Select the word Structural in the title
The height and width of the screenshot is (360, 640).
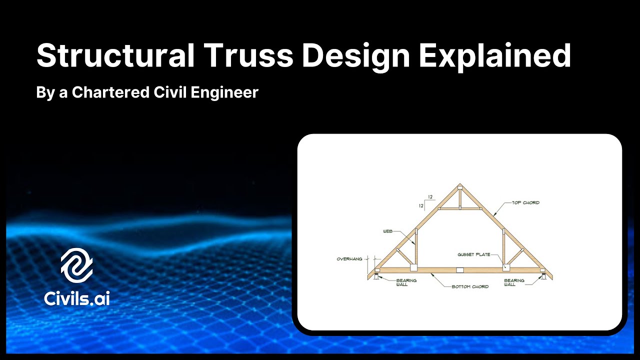(x=115, y=56)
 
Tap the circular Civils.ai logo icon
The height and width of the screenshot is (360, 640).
(x=76, y=266)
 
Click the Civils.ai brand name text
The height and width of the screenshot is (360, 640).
(x=76, y=298)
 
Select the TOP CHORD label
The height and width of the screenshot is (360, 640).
(x=525, y=203)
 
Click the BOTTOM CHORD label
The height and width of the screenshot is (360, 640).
(x=470, y=287)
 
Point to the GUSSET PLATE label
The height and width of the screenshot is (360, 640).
(x=473, y=254)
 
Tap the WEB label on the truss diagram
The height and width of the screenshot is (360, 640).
(x=387, y=231)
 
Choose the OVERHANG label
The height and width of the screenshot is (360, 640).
(x=349, y=259)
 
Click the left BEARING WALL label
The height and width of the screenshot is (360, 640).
(x=406, y=282)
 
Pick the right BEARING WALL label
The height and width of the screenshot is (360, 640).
(x=514, y=282)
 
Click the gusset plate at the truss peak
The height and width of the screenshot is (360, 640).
(x=460, y=188)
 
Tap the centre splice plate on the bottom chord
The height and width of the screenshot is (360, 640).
(x=460, y=270)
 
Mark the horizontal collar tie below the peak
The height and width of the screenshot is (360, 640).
(x=460, y=208)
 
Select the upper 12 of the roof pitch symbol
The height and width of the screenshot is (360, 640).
(x=430, y=197)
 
